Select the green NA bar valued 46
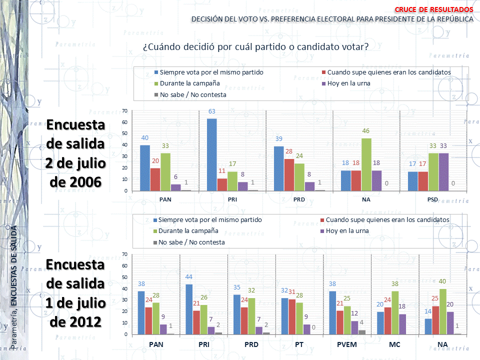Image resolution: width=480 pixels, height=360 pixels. pyautogui.click(x=366, y=164)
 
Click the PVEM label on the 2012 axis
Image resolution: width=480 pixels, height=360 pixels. pyautogui.click(x=346, y=344)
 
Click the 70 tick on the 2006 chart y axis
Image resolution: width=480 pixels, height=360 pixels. pyautogui.click(x=124, y=110)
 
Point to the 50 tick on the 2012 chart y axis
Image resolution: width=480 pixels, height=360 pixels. pyautogui.click(x=124, y=277)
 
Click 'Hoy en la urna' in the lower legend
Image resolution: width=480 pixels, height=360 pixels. pyautogui.click(x=348, y=230)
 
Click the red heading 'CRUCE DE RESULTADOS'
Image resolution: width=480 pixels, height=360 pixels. pyautogui.click(x=433, y=9)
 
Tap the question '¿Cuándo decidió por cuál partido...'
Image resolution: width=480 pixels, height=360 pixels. pyautogui.click(x=255, y=47)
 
